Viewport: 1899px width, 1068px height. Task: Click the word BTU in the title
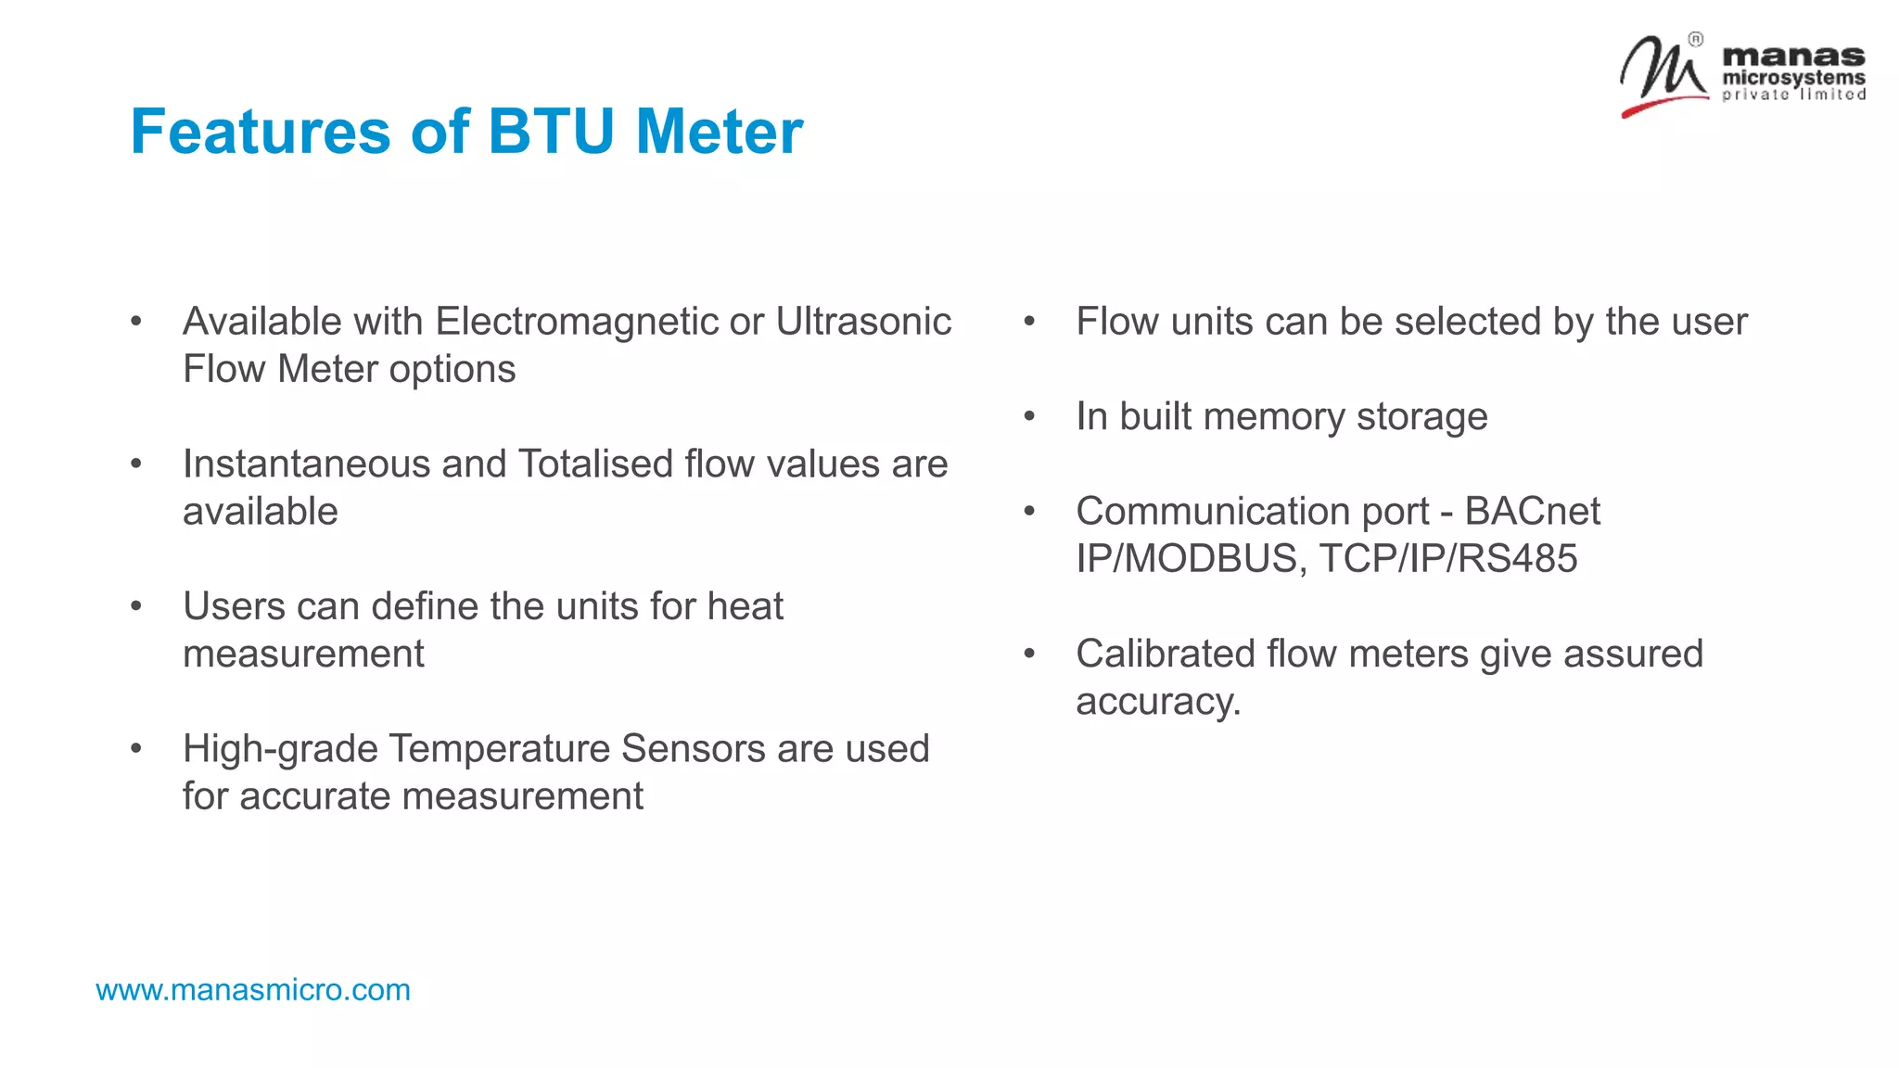pyautogui.click(x=551, y=132)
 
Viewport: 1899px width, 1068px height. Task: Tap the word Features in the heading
pyautogui.click(x=261, y=132)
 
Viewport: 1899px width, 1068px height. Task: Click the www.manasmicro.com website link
pyautogui.click(x=253, y=990)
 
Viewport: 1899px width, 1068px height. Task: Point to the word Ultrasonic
pyautogui.click(x=863, y=322)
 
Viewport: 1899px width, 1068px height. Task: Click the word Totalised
pyautogui.click(x=595, y=464)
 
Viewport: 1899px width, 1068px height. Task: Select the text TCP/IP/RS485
pyautogui.click(x=1447, y=559)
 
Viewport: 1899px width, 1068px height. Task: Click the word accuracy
pyautogui.click(x=1157, y=702)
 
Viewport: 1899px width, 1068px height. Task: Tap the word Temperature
pyautogui.click(x=499, y=749)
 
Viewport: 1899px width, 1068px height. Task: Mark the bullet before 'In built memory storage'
pyautogui.click(x=1029, y=417)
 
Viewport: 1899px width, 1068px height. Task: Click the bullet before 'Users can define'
pyautogui.click(x=136, y=607)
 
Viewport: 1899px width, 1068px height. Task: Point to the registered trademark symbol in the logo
pyautogui.click(x=1695, y=39)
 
